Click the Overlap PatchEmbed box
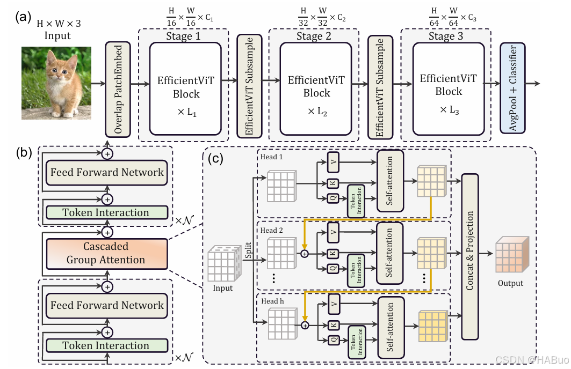pos(118,90)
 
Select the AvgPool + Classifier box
pos(513,88)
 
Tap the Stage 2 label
pos(314,36)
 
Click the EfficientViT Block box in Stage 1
pos(185,88)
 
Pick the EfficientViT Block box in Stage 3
pos(449,88)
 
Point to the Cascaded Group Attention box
pos(107,253)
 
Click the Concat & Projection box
pos(470,256)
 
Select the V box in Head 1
pos(334,162)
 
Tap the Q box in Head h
pos(334,340)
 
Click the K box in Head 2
pos(333,253)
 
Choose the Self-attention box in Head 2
pos(389,253)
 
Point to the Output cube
pos(512,254)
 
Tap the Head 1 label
pos(271,157)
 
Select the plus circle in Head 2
pos(305,253)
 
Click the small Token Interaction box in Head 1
pos(356,201)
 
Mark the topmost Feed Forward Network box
pos(107,172)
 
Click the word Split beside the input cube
pos(248,250)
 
